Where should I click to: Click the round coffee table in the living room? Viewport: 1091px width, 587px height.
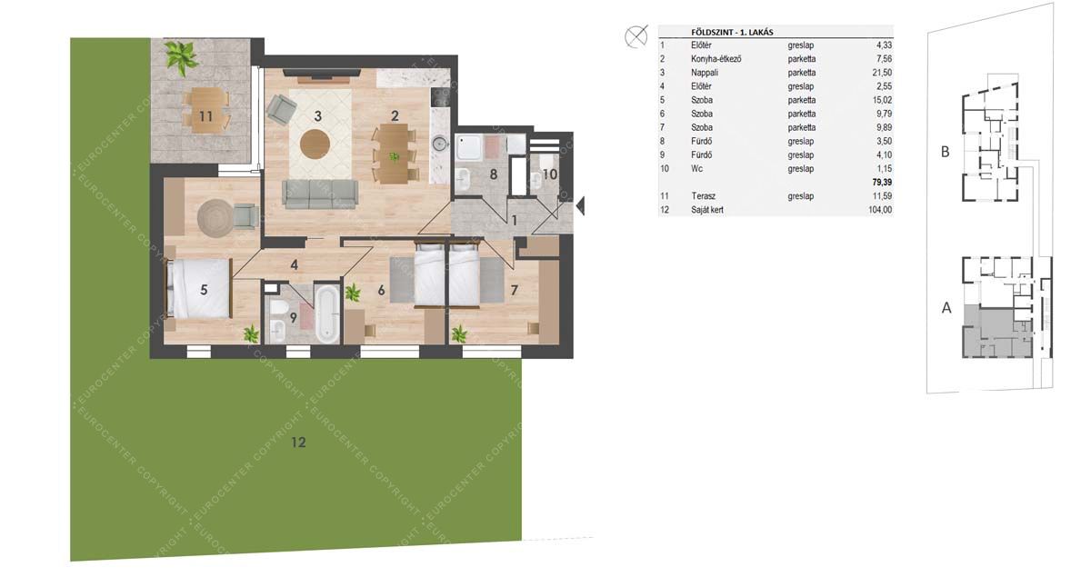[315, 144]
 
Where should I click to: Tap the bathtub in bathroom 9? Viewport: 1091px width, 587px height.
[326, 313]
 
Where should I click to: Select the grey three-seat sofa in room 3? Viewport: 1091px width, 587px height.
[321, 194]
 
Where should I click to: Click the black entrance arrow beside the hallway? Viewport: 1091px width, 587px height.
[580, 206]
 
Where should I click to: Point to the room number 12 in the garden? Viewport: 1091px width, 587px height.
[298, 442]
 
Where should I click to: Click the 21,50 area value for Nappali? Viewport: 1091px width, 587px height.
[882, 73]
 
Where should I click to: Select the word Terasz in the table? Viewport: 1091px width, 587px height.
[704, 196]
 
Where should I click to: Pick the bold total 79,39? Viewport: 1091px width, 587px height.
[882, 182]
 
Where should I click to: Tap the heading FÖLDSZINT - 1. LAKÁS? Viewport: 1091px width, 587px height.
[732, 32]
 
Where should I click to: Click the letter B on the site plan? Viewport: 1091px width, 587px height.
[945, 152]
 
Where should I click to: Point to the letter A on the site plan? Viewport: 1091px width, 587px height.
[946, 308]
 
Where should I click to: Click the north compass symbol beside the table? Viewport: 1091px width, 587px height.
[636, 36]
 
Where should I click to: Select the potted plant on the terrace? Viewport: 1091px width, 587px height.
[181, 57]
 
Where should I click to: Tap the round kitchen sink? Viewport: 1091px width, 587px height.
[440, 144]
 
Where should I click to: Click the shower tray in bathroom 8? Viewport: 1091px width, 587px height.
[468, 147]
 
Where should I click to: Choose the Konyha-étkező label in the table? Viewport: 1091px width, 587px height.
[716, 59]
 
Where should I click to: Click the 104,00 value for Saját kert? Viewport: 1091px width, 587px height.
[880, 210]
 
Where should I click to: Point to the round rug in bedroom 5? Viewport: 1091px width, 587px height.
[215, 218]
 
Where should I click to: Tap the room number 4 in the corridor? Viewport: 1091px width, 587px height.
[294, 264]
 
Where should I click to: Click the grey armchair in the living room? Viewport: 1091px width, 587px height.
[281, 109]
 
